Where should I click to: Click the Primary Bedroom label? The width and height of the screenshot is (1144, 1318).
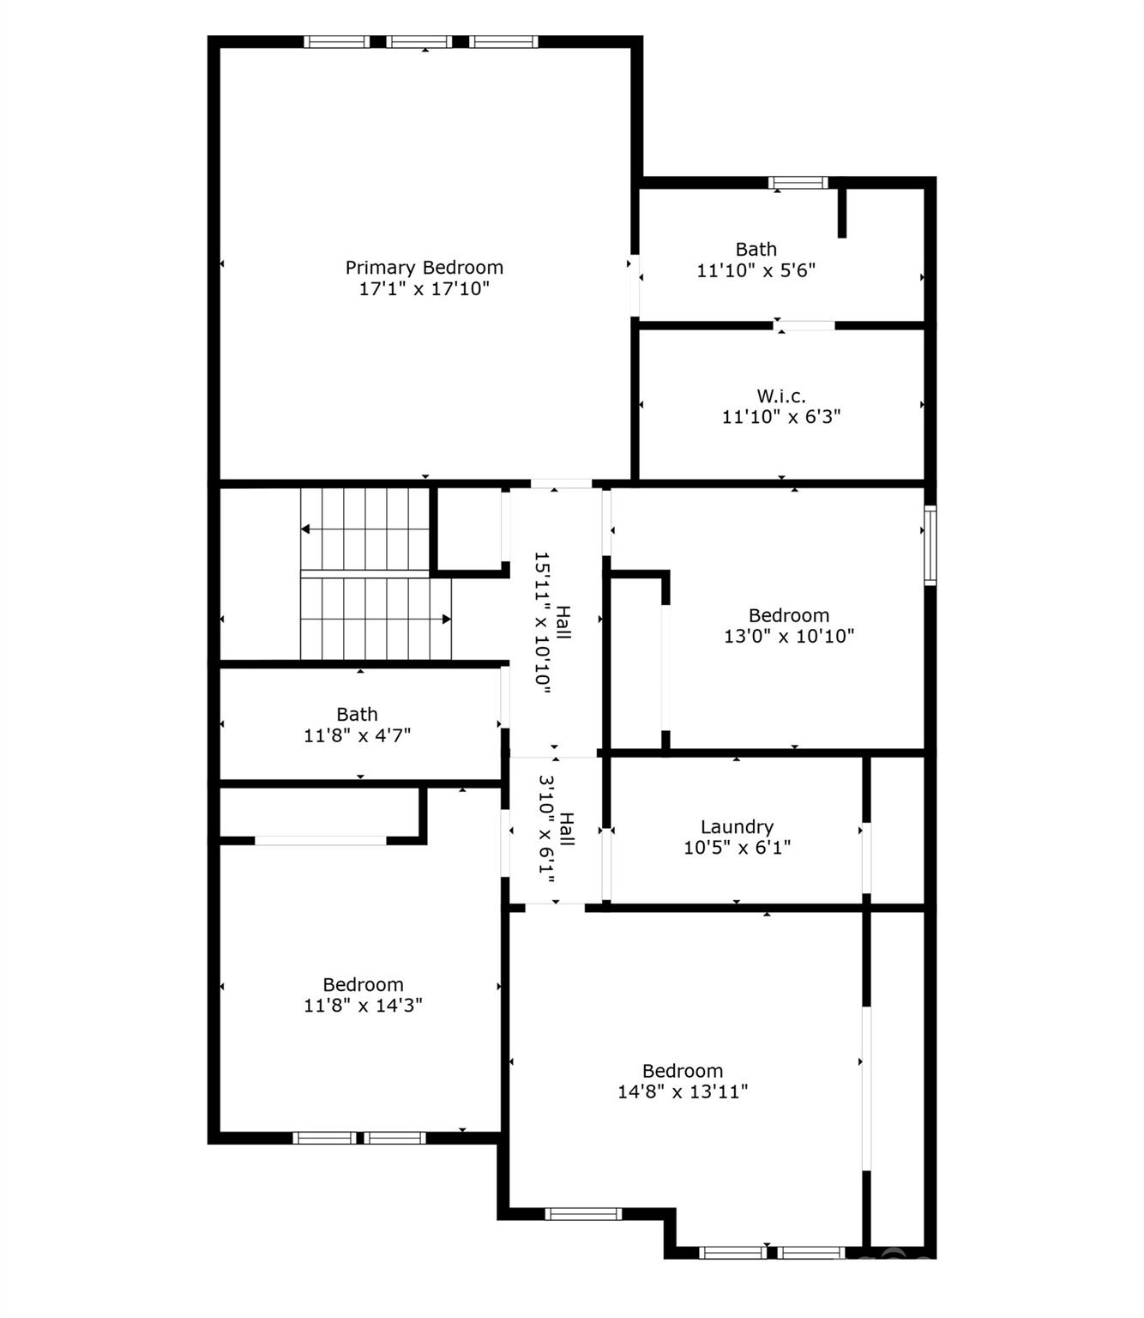coord(424,268)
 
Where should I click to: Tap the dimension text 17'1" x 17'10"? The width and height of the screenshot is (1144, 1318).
coord(424,288)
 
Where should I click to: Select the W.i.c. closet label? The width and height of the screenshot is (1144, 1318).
coord(781,396)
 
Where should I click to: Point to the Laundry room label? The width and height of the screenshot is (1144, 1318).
coord(738,826)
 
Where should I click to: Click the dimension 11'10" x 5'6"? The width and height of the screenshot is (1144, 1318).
coord(756,270)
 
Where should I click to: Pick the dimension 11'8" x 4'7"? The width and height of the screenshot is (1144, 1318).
coord(358,735)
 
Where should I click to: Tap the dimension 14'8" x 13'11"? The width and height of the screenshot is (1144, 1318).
coord(683,1091)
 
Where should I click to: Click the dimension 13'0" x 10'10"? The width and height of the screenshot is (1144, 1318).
coord(789,636)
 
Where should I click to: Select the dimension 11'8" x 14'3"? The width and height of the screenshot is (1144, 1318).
coord(363,1005)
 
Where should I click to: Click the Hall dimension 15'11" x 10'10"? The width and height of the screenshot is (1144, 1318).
coord(543,622)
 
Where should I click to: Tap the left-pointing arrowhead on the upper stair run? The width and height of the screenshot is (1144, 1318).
coord(305,529)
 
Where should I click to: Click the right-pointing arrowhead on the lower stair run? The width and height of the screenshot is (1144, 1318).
coord(446,619)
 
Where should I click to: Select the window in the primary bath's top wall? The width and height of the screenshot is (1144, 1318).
coord(798,182)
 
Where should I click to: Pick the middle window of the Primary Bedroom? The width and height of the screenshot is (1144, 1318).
coord(419,42)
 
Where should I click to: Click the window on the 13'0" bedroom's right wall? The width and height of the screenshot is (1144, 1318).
coord(930,546)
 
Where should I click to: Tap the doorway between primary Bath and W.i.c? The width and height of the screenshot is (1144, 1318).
coord(804,325)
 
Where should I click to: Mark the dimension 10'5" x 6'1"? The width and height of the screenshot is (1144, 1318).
coord(738,847)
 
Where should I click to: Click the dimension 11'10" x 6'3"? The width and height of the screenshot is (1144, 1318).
coord(781,417)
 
